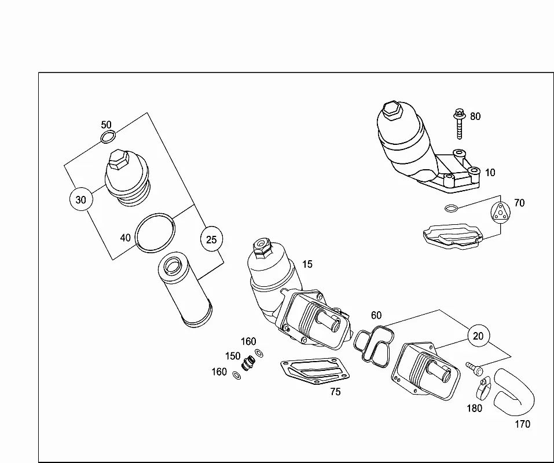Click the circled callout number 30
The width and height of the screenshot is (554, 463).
(81, 200)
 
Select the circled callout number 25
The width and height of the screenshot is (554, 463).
(211, 239)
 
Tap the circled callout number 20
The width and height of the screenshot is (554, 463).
(478, 336)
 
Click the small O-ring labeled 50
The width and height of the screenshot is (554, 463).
(108, 137)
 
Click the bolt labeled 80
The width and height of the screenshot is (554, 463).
(459, 123)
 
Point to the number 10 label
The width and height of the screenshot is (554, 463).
(490, 173)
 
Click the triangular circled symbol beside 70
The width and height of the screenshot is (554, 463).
(501, 213)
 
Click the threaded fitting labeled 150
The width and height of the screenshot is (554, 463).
(248, 363)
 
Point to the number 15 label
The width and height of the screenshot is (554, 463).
(307, 264)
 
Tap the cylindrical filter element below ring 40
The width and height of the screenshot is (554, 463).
(185, 289)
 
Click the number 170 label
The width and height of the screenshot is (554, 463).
(522, 424)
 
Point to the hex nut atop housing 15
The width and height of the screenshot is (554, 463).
(262, 246)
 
